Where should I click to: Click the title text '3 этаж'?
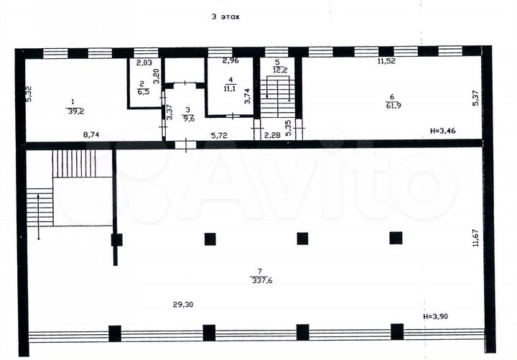coord(224,16)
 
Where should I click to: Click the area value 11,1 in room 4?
coord(230,89)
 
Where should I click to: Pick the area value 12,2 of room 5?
coord(280,70)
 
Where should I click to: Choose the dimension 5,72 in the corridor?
coord(220,135)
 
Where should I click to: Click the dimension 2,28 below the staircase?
coord(271,135)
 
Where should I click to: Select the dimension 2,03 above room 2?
coord(145,62)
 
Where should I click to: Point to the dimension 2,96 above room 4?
coord(230,61)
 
